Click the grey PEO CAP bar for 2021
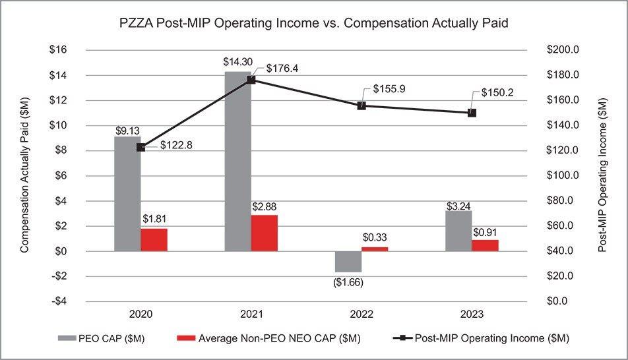(x=237, y=162)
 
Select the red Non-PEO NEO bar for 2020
(x=154, y=239)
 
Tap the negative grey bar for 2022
(x=348, y=261)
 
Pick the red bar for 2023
(x=486, y=245)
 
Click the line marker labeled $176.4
(x=251, y=80)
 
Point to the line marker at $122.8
(x=141, y=147)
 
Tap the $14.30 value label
(x=237, y=62)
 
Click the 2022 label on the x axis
(x=362, y=315)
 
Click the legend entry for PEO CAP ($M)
(x=98, y=338)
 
